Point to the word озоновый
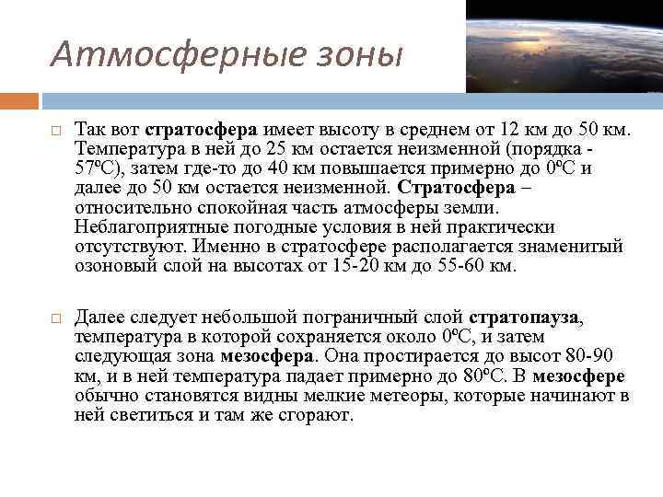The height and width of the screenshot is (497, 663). (x=113, y=267)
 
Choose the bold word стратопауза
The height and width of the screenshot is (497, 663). (x=525, y=318)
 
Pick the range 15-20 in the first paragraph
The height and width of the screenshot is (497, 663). (x=346, y=267)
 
